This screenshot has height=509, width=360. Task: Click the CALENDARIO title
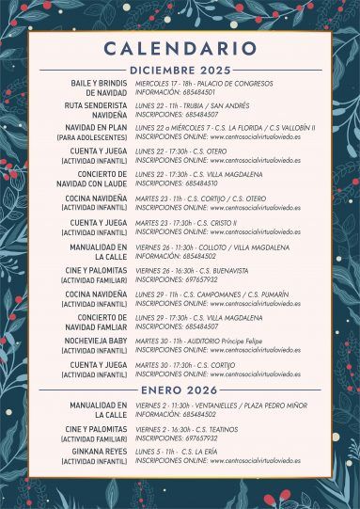pyautogui.click(x=180, y=48)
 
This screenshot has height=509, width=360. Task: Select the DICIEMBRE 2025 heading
pyautogui.click(x=180, y=70)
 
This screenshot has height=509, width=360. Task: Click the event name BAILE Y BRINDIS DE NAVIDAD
pyautogui.click(x=99, y=88)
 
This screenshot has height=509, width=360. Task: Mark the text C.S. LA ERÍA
pyautogui.click(x=201, y=452)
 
